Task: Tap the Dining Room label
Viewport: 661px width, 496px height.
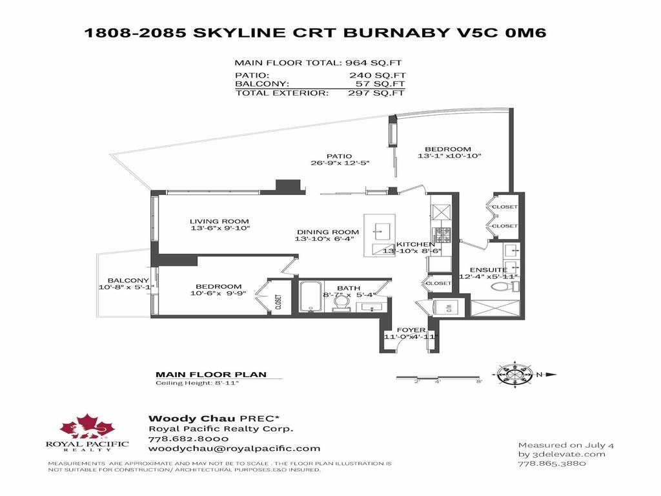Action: click(x=327, y=232)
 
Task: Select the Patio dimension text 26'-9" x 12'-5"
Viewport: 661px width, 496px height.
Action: click(x=339, y=163)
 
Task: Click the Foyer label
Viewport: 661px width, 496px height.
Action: click(x=411, y=329)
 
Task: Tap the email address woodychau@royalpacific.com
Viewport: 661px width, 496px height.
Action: click(x=234, y=448)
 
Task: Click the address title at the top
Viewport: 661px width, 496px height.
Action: click(x=316, y=32)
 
